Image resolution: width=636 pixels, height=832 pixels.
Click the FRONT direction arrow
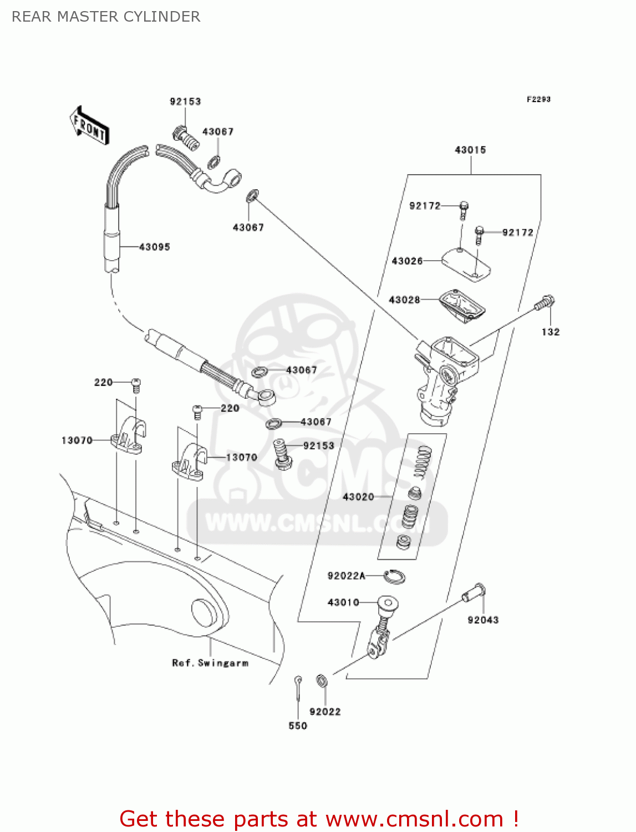(89, 126)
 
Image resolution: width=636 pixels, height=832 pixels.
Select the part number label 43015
(470, 150)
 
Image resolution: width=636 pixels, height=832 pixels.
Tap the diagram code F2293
(538, 99)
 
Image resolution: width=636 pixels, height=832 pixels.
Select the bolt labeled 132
(545, 303)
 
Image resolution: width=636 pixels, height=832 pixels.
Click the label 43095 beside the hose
(154, 247)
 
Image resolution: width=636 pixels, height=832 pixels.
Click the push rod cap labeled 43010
(387, 603)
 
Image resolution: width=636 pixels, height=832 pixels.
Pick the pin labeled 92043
(475, 593)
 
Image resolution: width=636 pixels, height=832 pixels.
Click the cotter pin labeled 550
(299, 688)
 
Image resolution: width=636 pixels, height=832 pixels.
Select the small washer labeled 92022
(321, 680)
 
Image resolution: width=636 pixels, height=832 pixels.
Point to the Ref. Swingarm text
(210, 663)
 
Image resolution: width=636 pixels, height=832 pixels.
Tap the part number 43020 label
(358, 497)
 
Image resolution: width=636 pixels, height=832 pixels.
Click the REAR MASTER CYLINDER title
(106, 17)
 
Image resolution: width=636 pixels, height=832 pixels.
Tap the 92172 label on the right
(517, 232)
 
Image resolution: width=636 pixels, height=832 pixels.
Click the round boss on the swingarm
(205, 613)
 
